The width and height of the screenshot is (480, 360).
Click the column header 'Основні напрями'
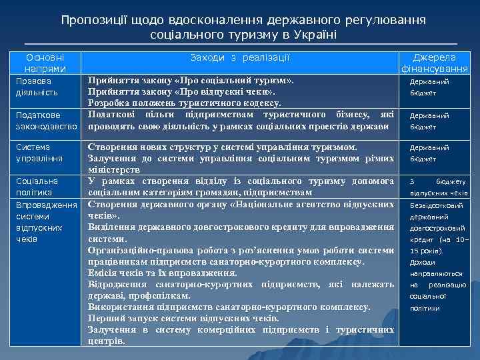45,63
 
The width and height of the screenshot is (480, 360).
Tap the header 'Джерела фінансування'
435,63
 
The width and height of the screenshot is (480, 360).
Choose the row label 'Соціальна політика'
37,187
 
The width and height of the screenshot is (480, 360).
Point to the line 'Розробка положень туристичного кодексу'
185,103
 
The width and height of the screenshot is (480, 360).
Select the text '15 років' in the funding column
424,251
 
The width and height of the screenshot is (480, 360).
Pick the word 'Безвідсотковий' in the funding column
437,205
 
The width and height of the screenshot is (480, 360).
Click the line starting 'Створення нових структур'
223,147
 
